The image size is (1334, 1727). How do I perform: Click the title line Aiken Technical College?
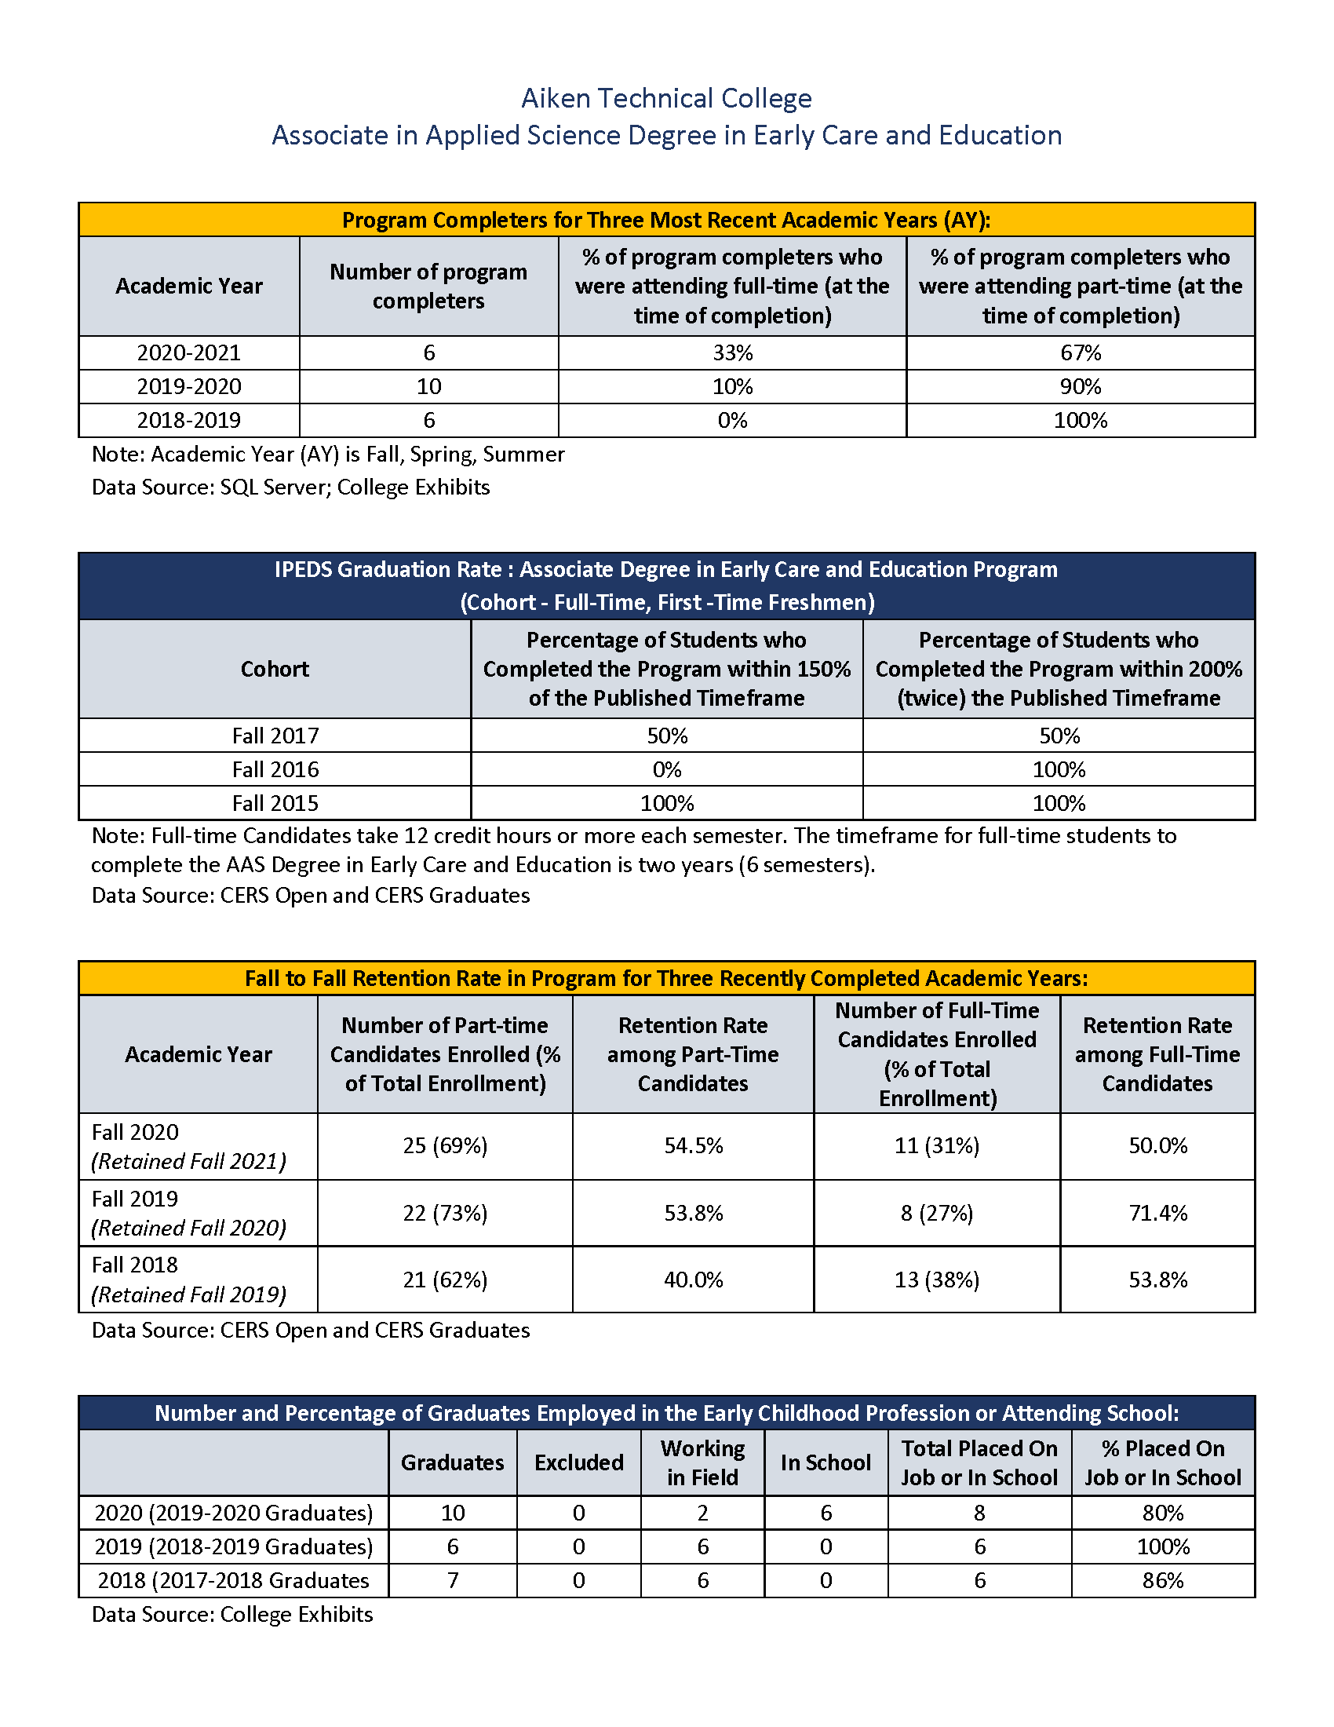666,98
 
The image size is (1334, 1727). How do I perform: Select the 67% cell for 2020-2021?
1081,352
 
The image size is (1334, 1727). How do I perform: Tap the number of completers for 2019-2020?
428,387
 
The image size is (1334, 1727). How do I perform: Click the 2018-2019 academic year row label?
189,420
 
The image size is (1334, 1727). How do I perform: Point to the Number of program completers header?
428,287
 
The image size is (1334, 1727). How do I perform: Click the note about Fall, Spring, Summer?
328,455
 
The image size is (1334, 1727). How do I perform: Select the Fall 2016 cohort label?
275,769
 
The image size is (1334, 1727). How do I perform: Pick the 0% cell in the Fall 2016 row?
666,769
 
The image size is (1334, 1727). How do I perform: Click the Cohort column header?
275,669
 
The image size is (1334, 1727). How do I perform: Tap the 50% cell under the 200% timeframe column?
1059,736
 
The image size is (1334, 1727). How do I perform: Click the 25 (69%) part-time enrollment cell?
445,1146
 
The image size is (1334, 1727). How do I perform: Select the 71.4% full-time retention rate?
1157,1213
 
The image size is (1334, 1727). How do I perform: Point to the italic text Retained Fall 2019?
189,1294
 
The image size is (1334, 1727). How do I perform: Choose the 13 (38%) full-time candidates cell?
936,1280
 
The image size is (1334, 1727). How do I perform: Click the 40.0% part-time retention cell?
693,1280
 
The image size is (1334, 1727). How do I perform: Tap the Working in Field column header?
702,1463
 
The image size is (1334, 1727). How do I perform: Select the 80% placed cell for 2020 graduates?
1162,1513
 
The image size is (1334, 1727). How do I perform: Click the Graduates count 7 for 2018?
453,1580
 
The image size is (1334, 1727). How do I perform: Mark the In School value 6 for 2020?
826,1513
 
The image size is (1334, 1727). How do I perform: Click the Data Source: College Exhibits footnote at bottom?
232,1614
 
